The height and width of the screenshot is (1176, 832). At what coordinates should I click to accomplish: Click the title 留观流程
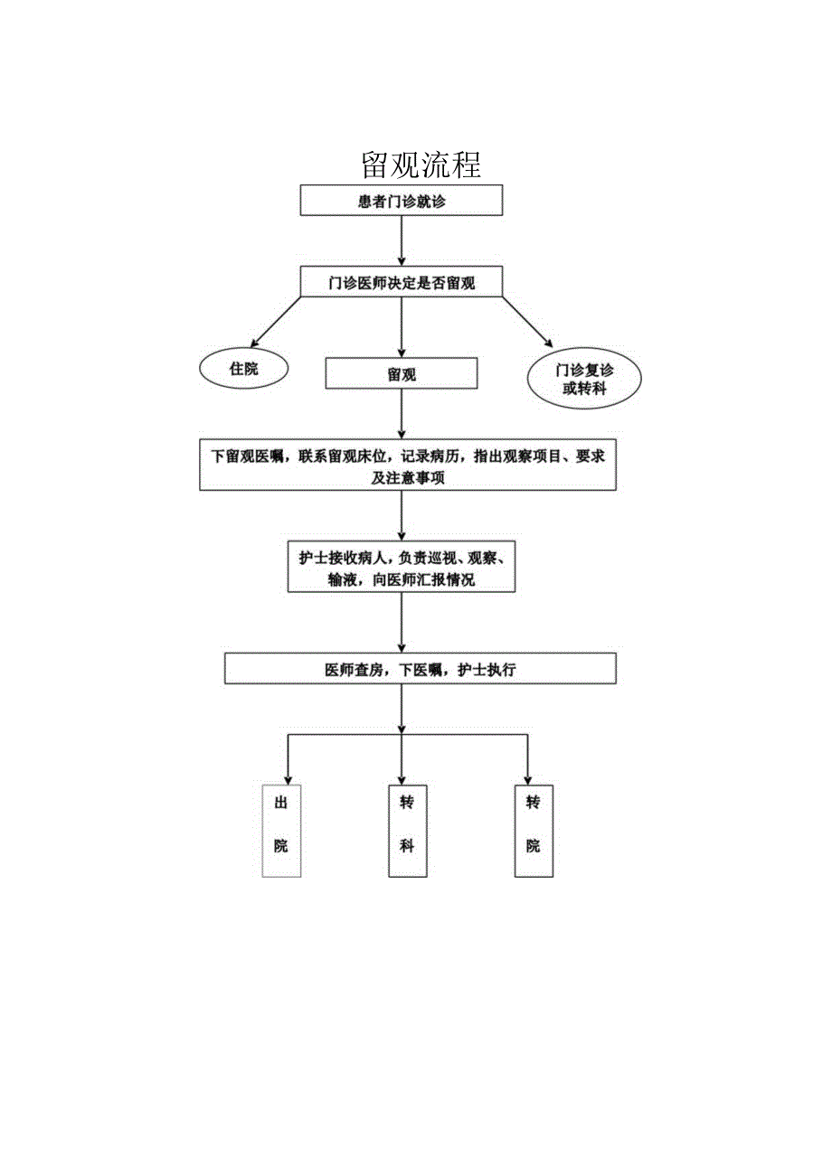pos(421,165)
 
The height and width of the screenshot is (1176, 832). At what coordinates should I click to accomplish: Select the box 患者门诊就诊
pos(402,201)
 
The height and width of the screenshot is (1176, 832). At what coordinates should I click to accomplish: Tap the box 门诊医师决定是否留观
pos(402,282)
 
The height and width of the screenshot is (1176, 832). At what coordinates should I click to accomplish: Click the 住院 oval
pos(244,369)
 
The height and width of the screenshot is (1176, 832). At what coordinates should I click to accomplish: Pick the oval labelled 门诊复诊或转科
pos(584,378)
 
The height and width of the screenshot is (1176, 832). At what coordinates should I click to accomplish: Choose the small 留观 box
pos(402,372)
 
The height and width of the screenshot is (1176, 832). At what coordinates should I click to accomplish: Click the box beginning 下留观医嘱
pos(408,466)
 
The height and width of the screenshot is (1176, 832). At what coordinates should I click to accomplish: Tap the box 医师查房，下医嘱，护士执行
pos(421,670)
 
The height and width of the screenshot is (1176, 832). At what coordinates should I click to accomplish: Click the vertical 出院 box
pos(281,831)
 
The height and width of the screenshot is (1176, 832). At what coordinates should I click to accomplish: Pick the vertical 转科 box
pos(407,831)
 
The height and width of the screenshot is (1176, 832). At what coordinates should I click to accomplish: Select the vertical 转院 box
pos(534,831)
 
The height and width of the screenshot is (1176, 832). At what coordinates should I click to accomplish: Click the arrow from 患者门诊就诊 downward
pos(402,240)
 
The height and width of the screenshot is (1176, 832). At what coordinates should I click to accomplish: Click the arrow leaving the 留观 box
pos(402,413)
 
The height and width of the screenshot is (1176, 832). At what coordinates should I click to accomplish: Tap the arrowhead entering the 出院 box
pos(288,778)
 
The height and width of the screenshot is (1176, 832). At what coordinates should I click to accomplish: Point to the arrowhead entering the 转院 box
pos(527,778)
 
